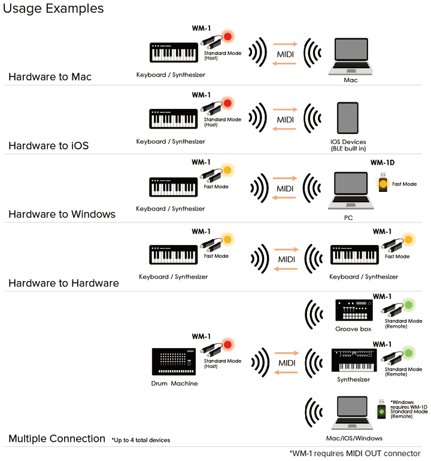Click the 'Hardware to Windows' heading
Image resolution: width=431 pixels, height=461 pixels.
click(62, 214)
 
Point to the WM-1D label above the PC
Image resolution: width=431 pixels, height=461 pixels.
click(382, 163)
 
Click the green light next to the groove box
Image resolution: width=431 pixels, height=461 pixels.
click(409, 305)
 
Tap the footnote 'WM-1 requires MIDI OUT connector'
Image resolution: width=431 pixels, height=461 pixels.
click(356, 453)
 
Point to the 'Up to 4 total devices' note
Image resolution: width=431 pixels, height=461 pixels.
click(141, 440)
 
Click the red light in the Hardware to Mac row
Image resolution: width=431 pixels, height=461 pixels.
click(227, 37)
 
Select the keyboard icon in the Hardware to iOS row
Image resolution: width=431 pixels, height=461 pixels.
click(173, 118)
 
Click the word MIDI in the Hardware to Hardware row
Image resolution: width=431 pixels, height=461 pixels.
click(286, 259)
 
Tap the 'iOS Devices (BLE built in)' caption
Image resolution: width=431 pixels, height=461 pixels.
click(348, 145)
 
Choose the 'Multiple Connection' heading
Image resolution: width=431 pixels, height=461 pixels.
click(57, 439)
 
